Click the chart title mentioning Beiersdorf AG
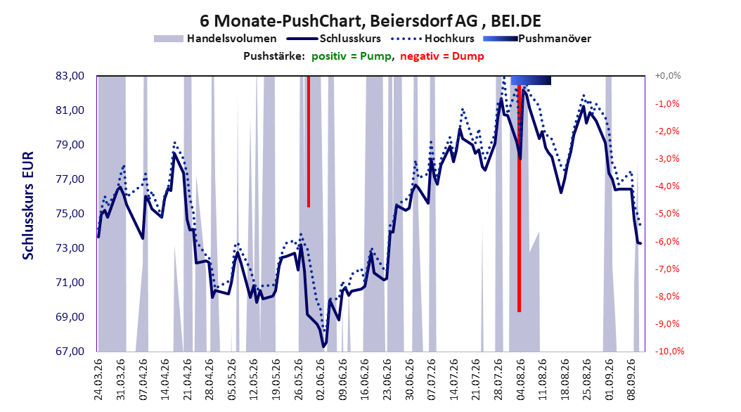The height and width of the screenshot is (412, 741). click(370, 21)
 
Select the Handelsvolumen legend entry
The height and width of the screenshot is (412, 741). click(216, 39)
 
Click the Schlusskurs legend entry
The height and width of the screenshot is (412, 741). click(334, 39)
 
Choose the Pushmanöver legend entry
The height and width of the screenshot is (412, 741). click(537, 39)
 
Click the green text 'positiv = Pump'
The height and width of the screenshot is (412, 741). click(352, 56)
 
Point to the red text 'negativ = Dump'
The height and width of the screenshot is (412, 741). click(442, 56)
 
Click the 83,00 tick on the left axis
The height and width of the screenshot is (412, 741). click(70, 76)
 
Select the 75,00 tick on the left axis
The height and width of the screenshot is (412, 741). click(70, 214)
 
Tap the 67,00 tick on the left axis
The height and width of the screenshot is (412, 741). click(70, 352)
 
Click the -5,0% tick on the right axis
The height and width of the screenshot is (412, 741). click(667, 214)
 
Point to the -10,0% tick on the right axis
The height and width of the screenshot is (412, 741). click(669, 352)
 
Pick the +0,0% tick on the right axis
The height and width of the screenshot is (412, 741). click(668, 76)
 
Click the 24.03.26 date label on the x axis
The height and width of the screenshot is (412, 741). click(98, 380)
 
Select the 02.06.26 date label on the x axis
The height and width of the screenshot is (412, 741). click(321, 380)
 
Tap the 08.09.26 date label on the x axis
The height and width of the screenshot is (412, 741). click(632, 380)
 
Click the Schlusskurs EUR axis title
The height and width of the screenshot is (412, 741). click(28, 205)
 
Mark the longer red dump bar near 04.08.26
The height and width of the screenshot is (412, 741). click(519, 198)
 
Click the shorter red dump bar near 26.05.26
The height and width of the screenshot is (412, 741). click(309, 141)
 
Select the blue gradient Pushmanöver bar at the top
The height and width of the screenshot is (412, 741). click(531, 80)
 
